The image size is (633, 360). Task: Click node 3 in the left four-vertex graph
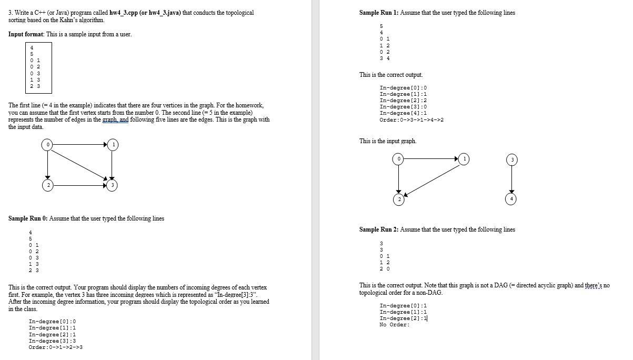click(112, 185)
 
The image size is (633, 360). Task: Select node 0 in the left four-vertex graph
click(47, 144)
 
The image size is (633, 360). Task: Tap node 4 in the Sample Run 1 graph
click(510, 198)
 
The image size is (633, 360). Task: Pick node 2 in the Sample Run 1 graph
click(398, 199)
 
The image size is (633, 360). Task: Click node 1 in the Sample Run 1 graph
click(463, 158)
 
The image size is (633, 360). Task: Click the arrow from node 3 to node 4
click(510, 179)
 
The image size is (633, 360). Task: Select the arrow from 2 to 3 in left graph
click(79, 185)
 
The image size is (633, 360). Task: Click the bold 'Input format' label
click(26, 34)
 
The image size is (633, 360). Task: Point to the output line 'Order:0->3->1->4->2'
click(411, 120)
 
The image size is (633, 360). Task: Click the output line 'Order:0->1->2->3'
click(56, 347)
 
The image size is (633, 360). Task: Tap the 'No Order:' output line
click(394, 325)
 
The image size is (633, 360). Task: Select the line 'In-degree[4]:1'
click(403, 113)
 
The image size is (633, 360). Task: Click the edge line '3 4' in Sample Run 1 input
click(384, 58)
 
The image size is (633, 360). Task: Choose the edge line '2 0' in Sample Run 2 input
click(384, 269)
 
